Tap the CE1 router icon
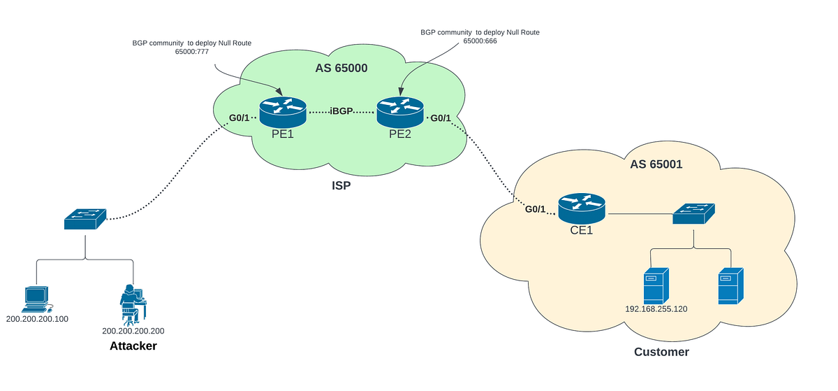582,206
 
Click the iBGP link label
341,111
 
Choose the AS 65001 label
657,164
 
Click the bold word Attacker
133,346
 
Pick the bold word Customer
661,352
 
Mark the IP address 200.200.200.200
133,331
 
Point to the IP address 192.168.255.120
656,308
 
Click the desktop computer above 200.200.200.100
36,299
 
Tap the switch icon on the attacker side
86,219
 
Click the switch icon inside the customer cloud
694,214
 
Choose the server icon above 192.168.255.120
656,285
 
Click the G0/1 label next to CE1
536,208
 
